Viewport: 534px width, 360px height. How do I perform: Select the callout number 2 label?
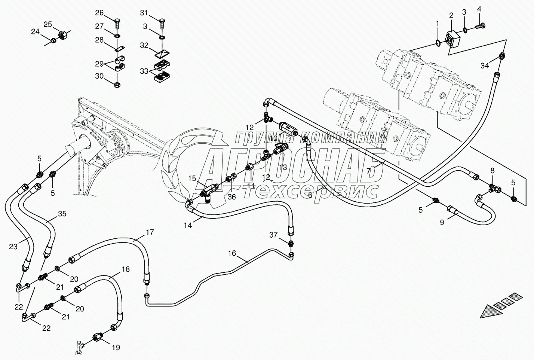[x=451, y=15]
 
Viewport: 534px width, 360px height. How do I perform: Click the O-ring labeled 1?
[x=438, y=44]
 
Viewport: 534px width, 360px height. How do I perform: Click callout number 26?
[x=99, y=13]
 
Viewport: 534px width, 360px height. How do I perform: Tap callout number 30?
[x=99, y=76]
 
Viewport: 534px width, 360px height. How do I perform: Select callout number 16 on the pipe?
[x=232, y=253]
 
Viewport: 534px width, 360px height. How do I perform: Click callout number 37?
[x=273, y=235]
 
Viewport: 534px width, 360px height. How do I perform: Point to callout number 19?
[x=116, y=348]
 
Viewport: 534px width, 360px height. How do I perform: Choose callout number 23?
[x=13, y=247]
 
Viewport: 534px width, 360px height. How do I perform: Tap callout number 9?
[x=442, y=223]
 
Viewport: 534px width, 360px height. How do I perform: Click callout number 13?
[x=283, y=167]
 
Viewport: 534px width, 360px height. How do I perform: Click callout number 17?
[x=150, y=232]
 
